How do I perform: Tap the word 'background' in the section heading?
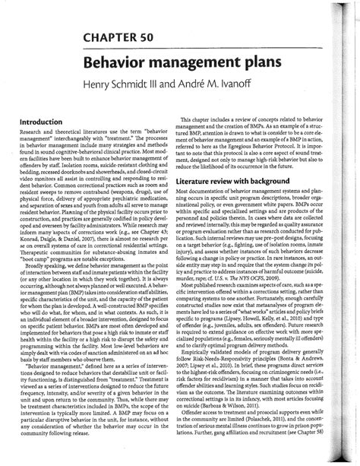279,182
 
